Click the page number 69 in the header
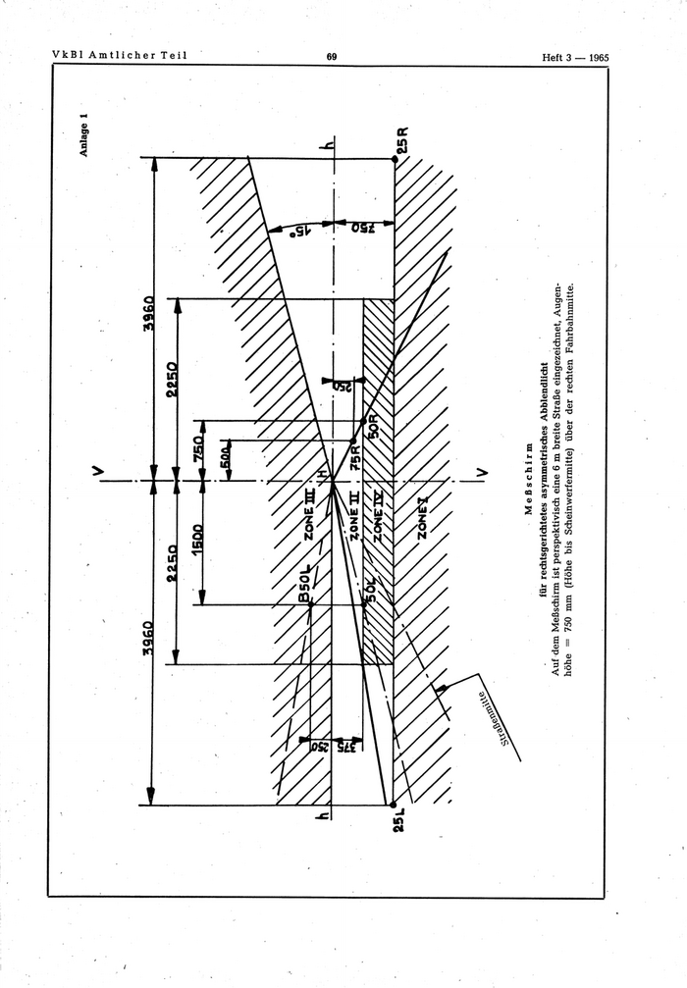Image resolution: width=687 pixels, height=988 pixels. [332, 57]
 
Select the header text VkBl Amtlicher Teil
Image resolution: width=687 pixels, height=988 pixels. [119, 56]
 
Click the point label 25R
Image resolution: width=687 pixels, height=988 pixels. [401, 142]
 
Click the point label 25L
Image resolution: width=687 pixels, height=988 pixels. [399, 820]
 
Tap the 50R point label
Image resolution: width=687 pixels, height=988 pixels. [373, 428]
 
